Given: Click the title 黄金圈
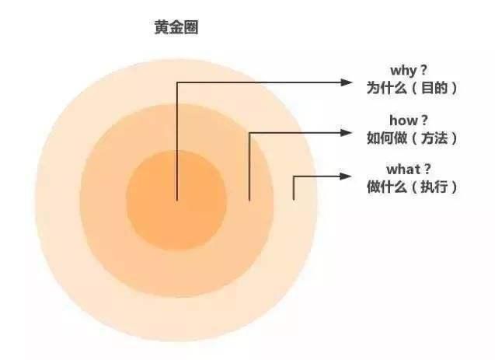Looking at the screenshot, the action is click(x=176, y=27).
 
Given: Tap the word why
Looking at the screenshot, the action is click(x=403, y=70).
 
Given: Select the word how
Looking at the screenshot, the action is click(x=402, y=121).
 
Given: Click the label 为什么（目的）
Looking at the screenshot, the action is click(x=412, y=88).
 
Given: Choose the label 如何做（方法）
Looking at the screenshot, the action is click(x=412, y=138).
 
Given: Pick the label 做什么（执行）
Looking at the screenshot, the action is click(x=412, y=187).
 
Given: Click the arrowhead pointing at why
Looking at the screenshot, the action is click(x=347, y=82).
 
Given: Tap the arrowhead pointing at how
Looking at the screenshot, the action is click(x=347, y=133).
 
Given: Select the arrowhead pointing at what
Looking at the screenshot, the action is click(x=347, y=177).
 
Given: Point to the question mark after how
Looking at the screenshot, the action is click(x=424, y=120).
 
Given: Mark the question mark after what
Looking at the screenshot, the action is click(x=427, y=170).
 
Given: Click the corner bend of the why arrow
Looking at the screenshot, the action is click(x=177, y=82).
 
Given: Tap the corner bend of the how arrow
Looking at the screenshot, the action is click(x=249, y=133).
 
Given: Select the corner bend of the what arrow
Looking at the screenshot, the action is click(x=294, y=177).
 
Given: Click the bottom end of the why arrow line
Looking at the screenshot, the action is click(x=177, y=200).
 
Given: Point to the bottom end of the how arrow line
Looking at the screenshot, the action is click(x=249, y=200).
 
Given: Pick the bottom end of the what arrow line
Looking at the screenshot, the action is click(x=294, y=200).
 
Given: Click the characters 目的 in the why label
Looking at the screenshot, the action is click(x=434, y=88).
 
